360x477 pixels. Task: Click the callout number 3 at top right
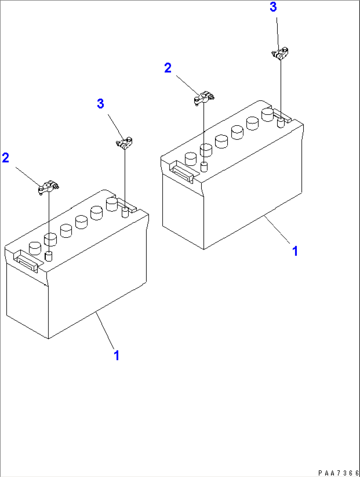point(273,7)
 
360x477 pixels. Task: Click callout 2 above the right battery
point(168,68)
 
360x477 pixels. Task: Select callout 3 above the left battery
point(100,104)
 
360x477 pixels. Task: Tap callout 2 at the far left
point(6,158)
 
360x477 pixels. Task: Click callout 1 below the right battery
point(295,251)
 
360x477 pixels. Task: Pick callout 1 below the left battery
point(116,356)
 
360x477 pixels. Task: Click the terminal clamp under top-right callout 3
point(280,54)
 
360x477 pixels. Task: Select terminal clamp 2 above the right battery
point(203,98)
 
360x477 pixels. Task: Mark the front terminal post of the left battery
point(49,256)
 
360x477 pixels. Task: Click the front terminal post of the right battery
point(204,166)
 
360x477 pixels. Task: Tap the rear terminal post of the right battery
point(281,123)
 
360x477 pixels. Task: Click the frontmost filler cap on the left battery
point(35,248)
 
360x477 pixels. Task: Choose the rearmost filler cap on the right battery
point(268,115)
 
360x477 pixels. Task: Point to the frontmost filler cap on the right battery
point(191,159)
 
